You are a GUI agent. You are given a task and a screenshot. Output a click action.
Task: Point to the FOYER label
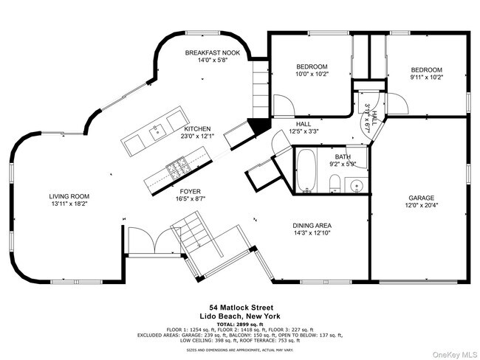coord(190,191)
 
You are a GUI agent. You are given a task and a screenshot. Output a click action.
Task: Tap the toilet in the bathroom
coord(335,183)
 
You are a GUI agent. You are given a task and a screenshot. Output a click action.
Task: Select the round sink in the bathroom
coord(356,185)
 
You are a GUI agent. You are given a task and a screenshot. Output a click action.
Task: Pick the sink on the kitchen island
coord(157,134)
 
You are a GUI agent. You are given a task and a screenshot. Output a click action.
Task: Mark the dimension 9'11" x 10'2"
coord(426,77)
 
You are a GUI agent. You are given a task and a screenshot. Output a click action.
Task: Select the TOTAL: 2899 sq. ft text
coord(239,323)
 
